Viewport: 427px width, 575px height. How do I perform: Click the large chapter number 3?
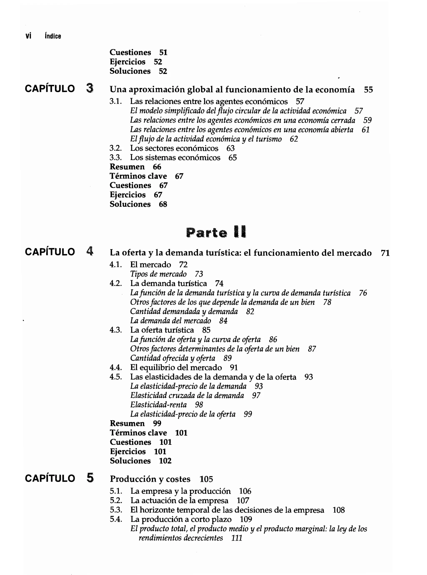(x=90, y=89)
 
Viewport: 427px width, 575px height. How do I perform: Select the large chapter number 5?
(x=90, y=478)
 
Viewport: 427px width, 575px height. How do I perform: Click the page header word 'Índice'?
(x=53, y=36)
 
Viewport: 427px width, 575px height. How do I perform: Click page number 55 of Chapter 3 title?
(x=368, y=90)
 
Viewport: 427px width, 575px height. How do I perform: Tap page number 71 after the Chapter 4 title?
(x=385, y=253)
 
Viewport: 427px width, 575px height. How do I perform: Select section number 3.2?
(x=115, y=148)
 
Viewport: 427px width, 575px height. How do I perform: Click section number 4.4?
(x=116, y=367)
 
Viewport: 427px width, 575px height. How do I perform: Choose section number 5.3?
(x=116, y=510)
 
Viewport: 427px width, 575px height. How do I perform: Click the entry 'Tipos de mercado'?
(x=158, y=274)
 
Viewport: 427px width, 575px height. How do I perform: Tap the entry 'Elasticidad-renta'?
(x=158, y=405)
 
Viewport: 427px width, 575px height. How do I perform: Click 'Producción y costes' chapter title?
(x=150, y=479)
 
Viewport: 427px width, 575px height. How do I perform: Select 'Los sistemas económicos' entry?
(x=175, y=157)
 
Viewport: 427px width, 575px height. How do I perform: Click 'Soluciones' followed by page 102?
(x=130, y=461)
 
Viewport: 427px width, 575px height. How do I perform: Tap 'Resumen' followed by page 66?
(x=127, y=167)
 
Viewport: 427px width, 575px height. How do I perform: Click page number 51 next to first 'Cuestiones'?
(x=163, y=53)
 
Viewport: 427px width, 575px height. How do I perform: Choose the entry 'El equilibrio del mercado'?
(x=176, y=367)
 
